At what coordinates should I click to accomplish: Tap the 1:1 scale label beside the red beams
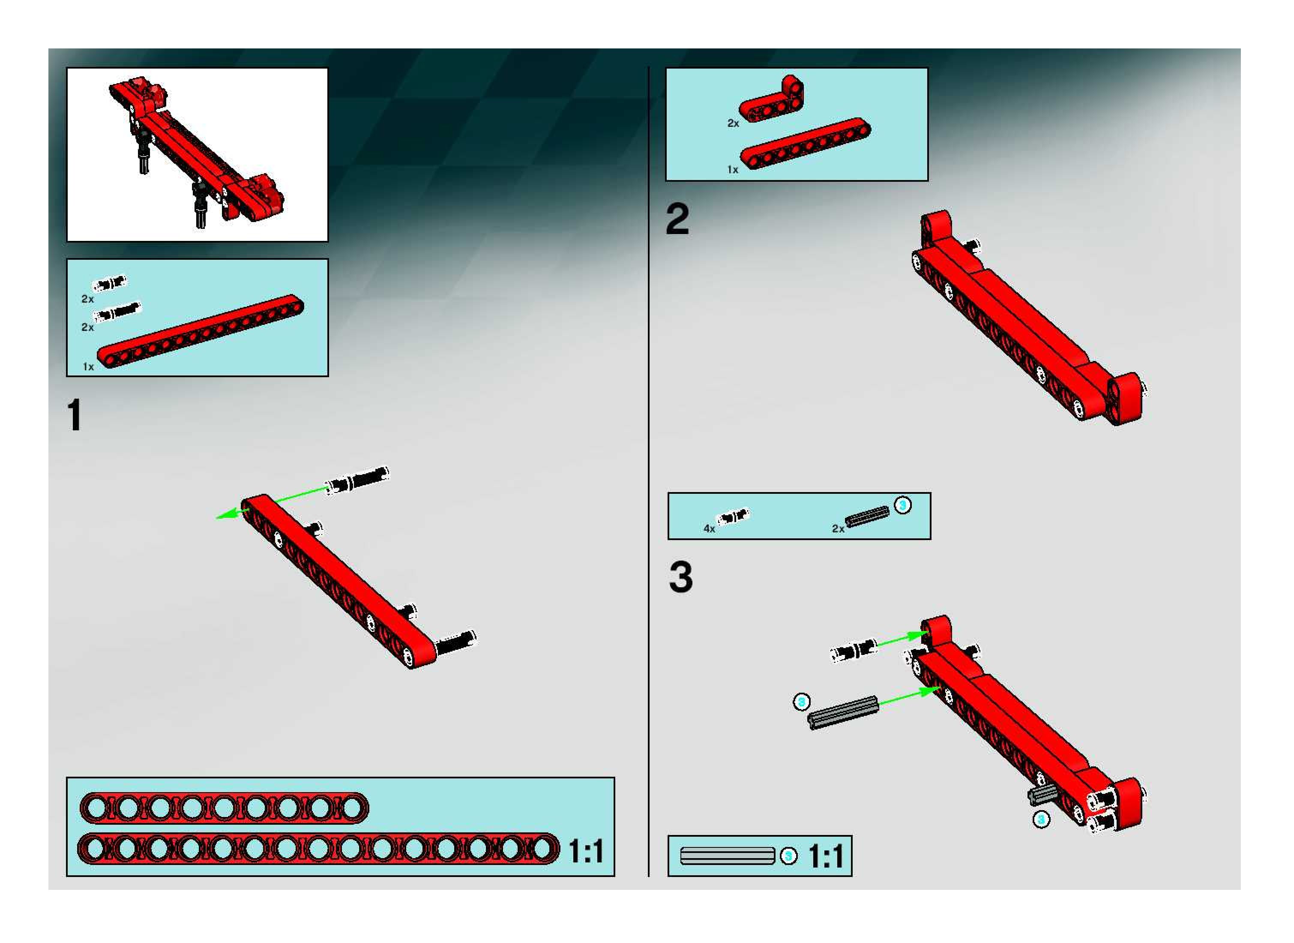tap(586, 852)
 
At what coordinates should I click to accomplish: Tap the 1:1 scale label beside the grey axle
tap(826, 856)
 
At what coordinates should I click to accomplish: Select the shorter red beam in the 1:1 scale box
tap(224, 808)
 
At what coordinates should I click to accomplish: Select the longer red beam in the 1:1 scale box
tap(318, 849)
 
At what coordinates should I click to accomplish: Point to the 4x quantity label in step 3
tap(709, 529)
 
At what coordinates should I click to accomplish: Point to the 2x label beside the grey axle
tap(838, 529)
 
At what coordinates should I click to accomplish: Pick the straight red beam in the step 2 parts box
tap(806, 144)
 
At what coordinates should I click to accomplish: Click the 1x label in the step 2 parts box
tap(733, 170)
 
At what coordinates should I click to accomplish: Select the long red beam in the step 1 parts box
tap(201, 331)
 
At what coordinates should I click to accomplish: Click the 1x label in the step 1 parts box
tap(88, 366)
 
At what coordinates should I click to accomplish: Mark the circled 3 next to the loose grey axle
tap(802, 702)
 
